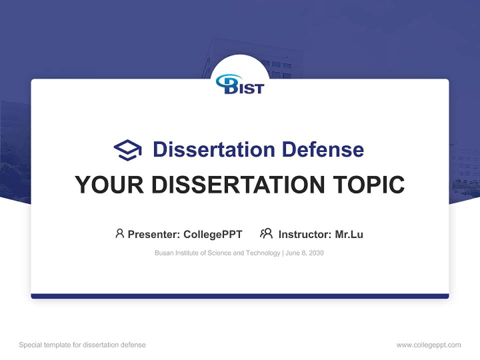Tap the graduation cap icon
(127, 149)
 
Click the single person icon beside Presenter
(119, 233)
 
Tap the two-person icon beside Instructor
(266, 233)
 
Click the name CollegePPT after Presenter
(212, 234)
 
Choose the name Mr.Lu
(349, 234)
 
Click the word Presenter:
(154, 234)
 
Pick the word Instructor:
(304, 234)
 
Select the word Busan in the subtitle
(163, 253)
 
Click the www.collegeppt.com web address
(428, 345)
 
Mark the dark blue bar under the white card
(240, 296)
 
